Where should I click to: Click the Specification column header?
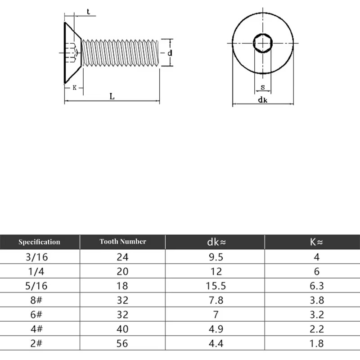39,242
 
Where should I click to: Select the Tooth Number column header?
123,242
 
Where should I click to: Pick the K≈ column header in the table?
316,242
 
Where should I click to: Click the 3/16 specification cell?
39,257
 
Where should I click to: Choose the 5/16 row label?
39,286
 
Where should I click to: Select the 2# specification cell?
39,344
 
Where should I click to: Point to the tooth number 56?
122,344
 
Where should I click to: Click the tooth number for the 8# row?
122,300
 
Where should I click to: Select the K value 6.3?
316,286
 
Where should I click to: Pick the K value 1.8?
316,344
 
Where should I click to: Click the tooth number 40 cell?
122,329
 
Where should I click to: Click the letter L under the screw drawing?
112,96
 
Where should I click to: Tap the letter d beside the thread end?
169,53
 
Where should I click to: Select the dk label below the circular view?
263,100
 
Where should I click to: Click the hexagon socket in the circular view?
263,43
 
